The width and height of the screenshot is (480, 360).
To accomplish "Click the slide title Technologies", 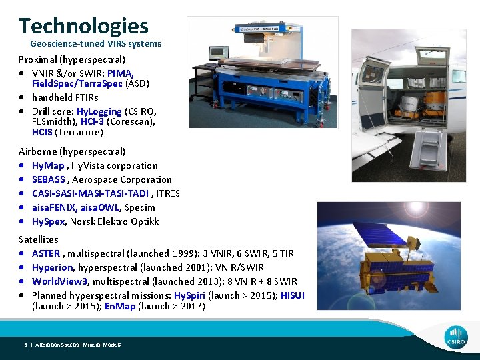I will point(83,26).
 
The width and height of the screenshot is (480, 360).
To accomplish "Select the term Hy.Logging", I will point(99,111).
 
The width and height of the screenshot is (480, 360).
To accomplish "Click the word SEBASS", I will point(48,179).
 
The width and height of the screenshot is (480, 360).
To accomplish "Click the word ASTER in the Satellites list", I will point(46,253).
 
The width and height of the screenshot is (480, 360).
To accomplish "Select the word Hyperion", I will point(53,267).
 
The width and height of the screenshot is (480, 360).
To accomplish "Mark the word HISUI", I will point(293,295).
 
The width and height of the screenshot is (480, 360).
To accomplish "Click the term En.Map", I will point(120,307).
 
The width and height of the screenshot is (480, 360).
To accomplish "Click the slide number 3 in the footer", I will point(25,345).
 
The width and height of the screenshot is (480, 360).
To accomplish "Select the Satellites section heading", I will point(39,239).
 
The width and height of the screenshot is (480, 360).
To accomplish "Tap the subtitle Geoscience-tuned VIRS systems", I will point(95,44).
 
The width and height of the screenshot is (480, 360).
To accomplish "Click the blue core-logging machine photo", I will point(261,72).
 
